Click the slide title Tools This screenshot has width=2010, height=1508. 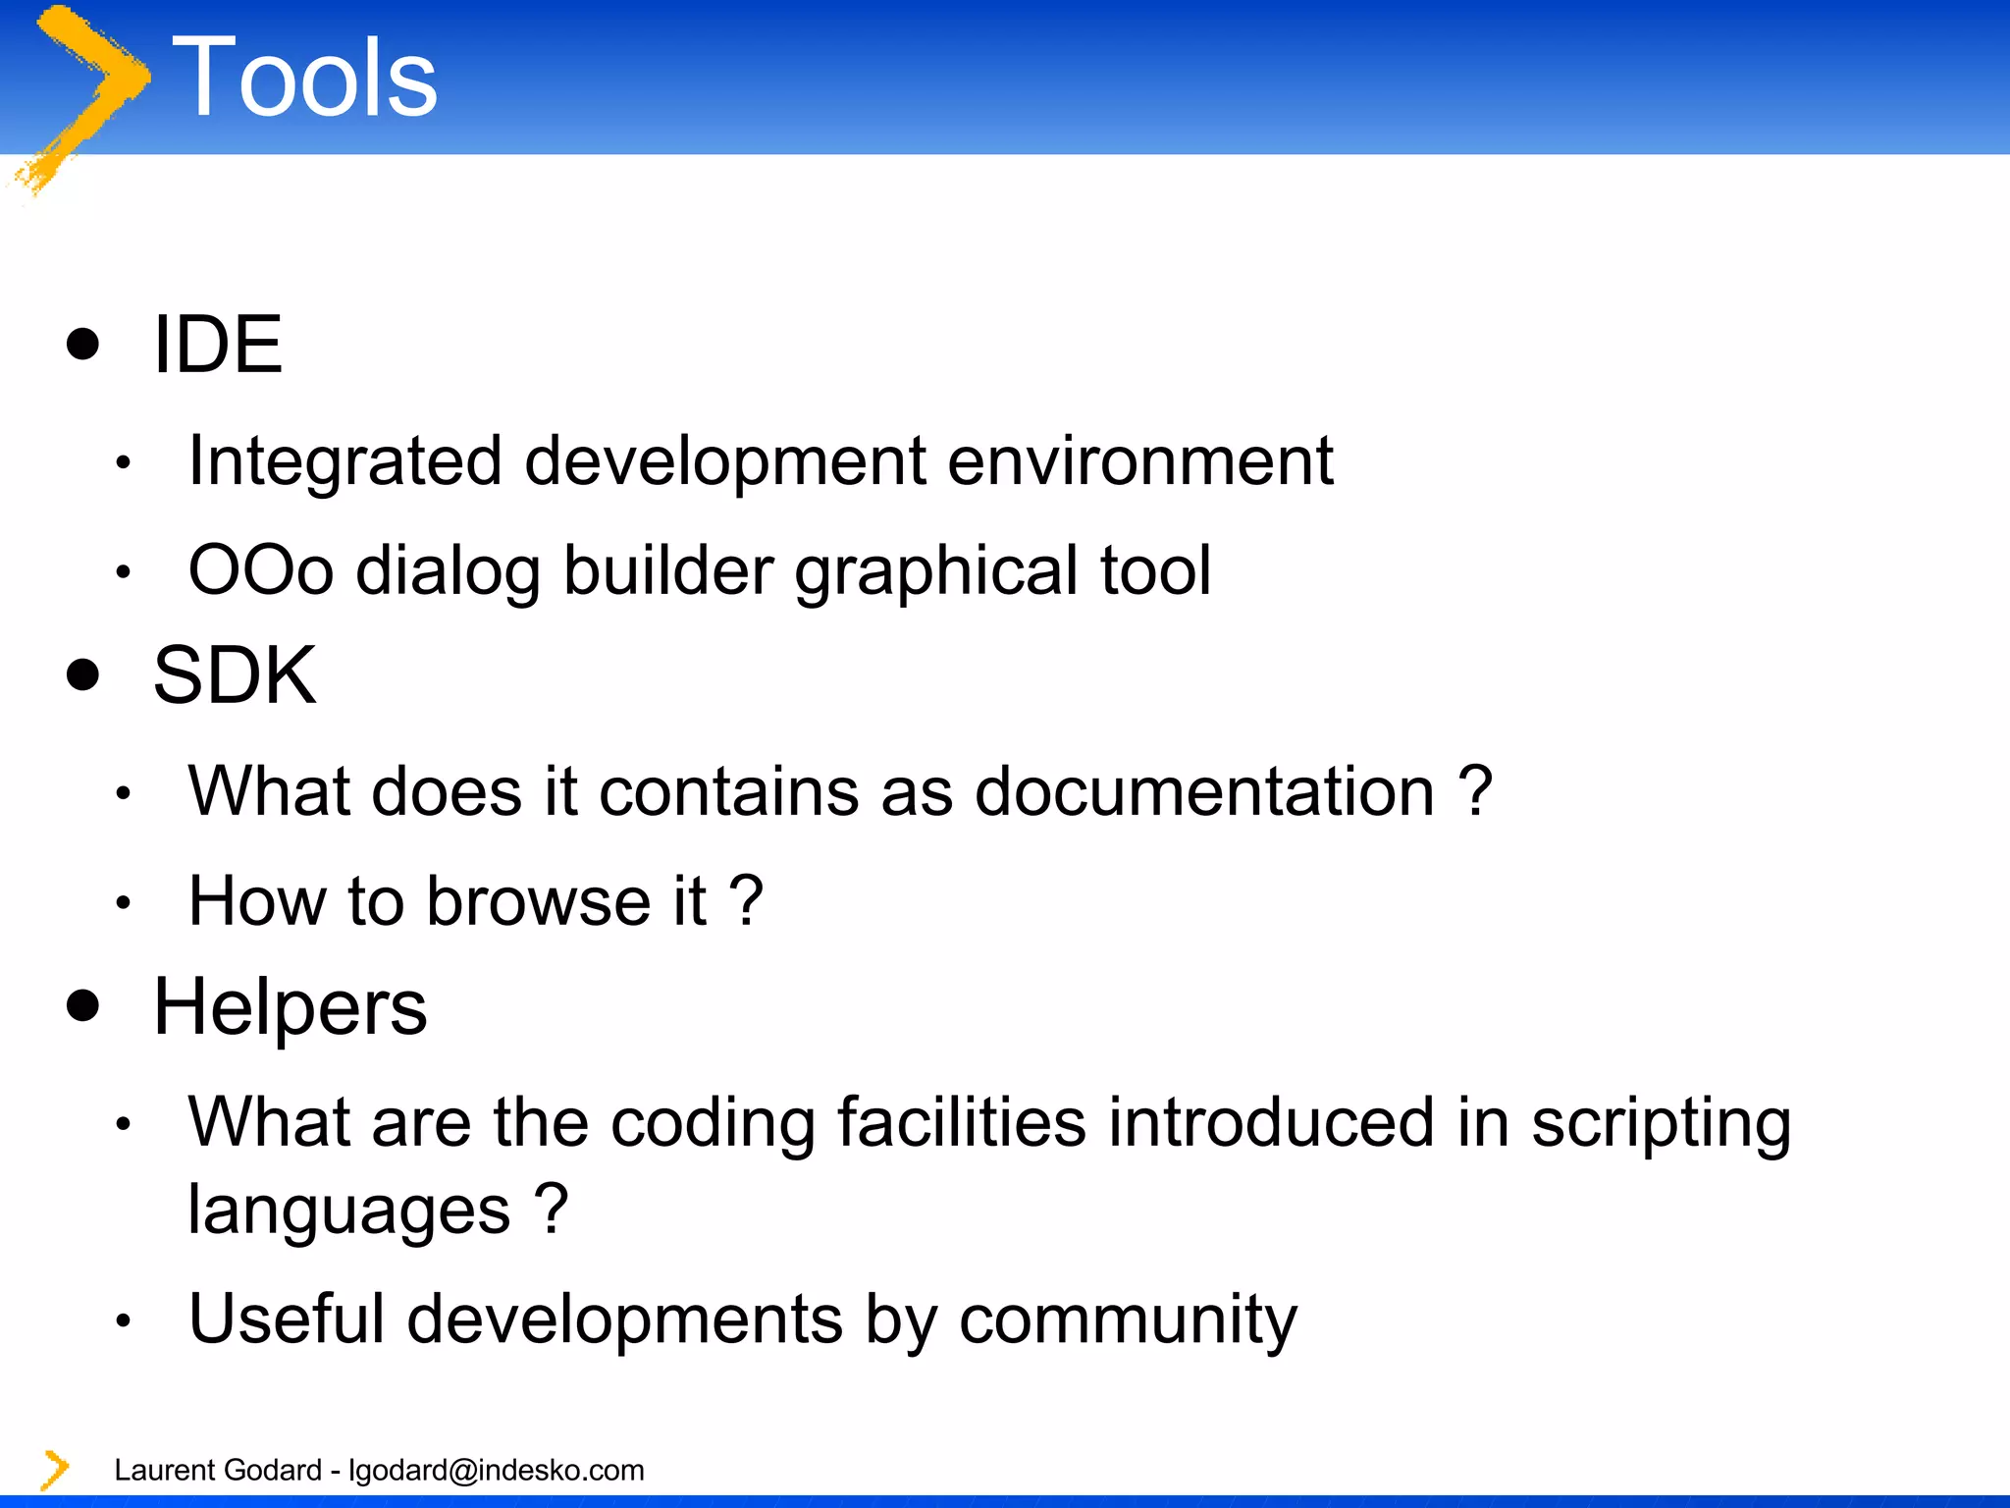pos(304,79)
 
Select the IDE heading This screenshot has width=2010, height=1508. pos(218,345)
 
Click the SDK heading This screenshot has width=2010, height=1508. pos(235,675)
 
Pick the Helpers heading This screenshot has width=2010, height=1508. pos(291,1007)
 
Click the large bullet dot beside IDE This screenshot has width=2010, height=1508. pos(83,344)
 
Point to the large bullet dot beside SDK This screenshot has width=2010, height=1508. pos(83,674)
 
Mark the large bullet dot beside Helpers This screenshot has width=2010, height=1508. pos(83,1005)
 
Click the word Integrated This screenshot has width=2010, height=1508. pos(344,461)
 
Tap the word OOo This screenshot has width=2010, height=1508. pos(260,570)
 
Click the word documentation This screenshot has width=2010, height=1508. pos(1204,791)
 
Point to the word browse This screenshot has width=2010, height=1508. pos(538,901)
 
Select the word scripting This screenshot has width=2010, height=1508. pos(1661,1124)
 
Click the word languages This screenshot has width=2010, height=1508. pos(349,1211)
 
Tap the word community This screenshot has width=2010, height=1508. pos(1128,1319)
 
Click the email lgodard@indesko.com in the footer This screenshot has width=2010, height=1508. pos(497,1470)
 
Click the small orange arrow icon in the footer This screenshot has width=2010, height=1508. pos(55,1470)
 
